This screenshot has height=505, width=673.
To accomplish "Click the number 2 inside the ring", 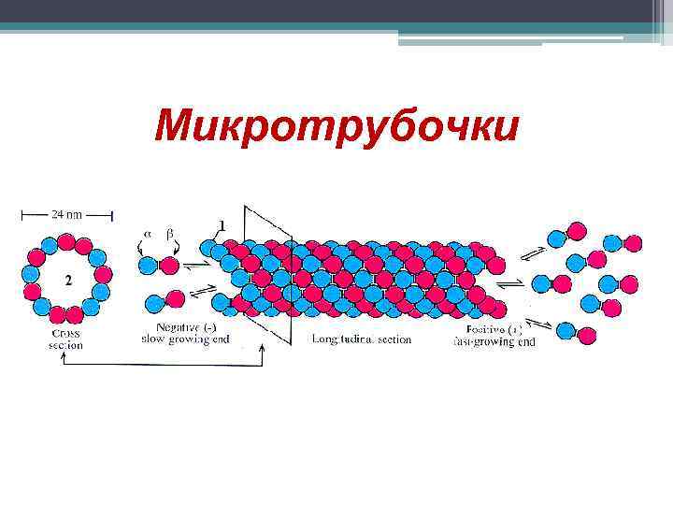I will point(68,280).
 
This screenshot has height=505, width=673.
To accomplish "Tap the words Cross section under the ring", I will point(65,339).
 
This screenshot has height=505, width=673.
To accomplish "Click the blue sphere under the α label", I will point(148,267).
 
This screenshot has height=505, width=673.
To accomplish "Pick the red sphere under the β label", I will point(169,267).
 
